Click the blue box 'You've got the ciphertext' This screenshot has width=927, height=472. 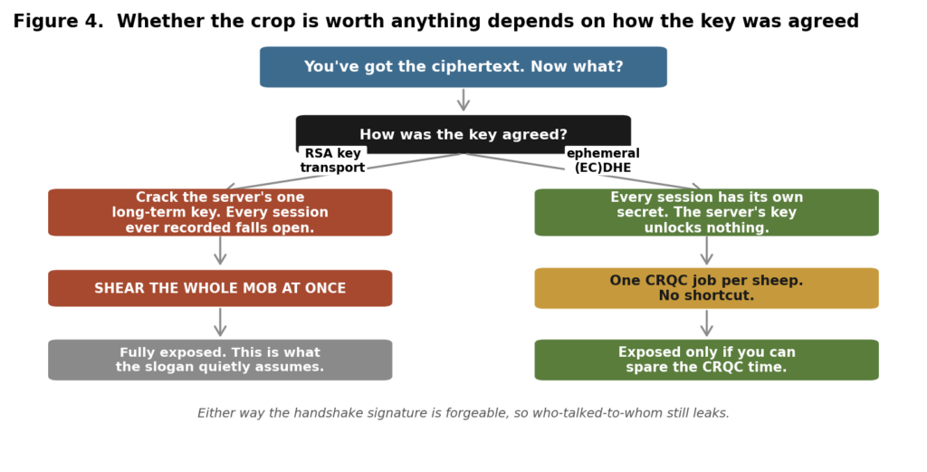(463, 67)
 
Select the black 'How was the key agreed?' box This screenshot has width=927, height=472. (463, 134)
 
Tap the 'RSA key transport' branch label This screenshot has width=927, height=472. (332, 161)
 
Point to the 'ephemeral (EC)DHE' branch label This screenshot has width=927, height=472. (603, 161)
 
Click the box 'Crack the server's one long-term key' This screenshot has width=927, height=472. (220, 212)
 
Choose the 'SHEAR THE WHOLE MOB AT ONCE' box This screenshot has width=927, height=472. (220, 288)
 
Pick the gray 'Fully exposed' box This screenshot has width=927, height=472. (220, 360)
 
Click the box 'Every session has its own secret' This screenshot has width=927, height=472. (706, 212)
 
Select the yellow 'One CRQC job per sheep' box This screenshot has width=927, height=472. (706, 288)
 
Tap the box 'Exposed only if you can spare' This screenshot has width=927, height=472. (706, 360)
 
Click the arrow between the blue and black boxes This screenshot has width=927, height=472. (463, 100)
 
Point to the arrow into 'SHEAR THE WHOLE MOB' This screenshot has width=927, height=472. (220, 250)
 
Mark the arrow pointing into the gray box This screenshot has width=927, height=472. (220, 323)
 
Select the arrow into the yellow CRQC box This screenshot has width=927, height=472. (706, 250)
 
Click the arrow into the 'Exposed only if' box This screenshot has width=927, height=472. (706, 323)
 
